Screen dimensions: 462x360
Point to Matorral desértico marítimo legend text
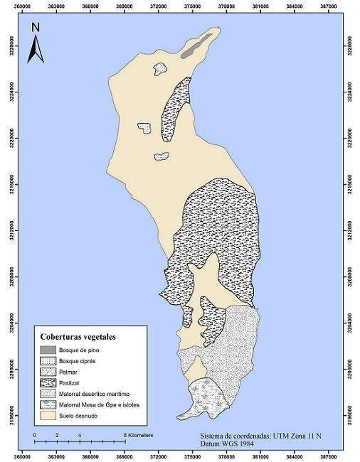(x=97, y=393)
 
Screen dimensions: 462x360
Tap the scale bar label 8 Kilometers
(x=139, y=434)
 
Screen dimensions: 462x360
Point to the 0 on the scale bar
(x=35, y=434)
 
